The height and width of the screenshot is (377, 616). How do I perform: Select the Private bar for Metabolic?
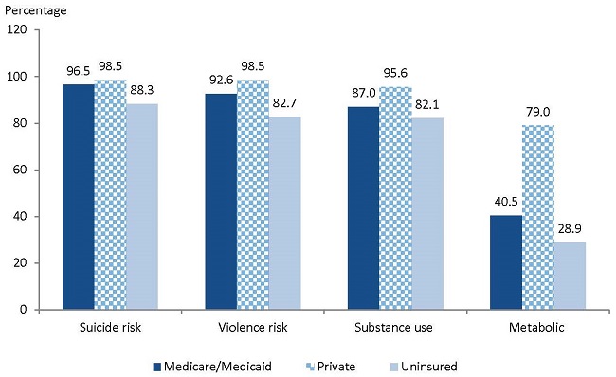point(538,217)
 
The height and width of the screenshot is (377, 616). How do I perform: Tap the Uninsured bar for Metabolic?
point(570,276)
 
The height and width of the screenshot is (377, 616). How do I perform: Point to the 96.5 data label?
point(79,71)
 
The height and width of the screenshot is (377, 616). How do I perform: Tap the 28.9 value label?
point(570,229)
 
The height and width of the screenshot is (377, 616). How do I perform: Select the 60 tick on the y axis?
point(21,170)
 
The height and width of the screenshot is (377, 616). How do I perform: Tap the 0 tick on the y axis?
point(25,310)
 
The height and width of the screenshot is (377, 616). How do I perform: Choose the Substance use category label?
point(395,328)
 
